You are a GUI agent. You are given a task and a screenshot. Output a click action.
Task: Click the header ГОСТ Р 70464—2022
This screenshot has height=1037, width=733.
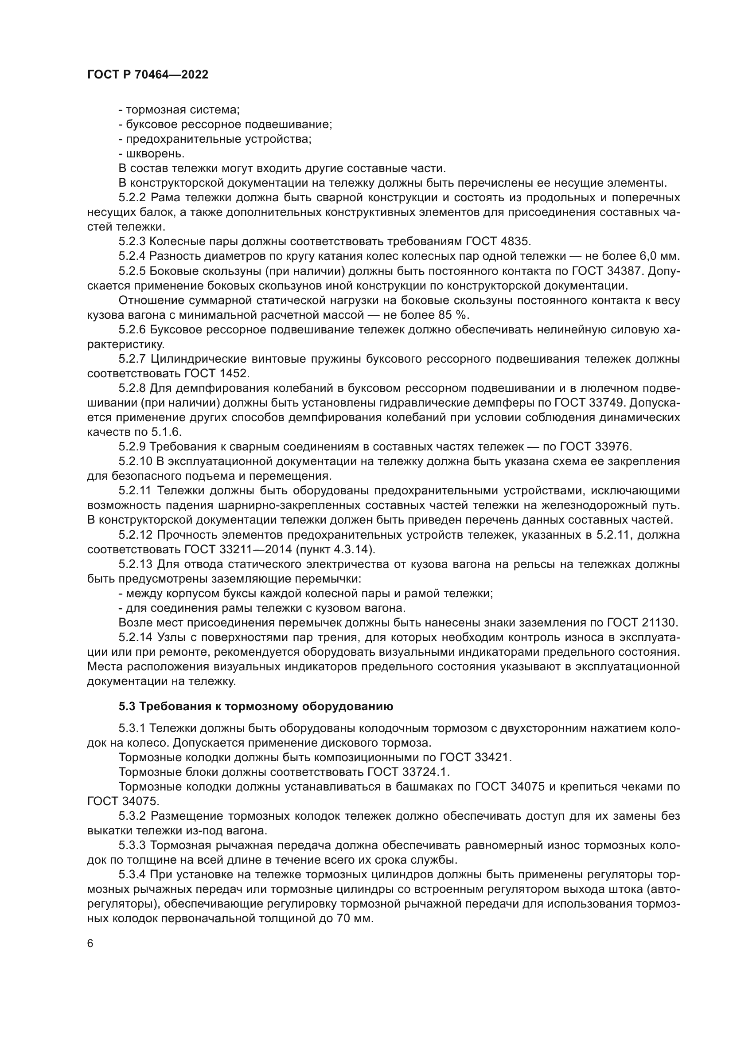coord(148,75)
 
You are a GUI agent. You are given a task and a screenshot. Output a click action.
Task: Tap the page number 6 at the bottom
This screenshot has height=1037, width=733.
coord(90,943)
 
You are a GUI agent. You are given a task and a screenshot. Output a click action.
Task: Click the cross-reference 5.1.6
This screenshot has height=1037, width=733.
coord(168,432)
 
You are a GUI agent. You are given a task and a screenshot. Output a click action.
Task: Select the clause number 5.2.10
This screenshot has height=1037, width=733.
coord(136,461)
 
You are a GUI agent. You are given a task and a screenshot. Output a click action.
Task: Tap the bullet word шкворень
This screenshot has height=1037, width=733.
coord(155,153)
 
